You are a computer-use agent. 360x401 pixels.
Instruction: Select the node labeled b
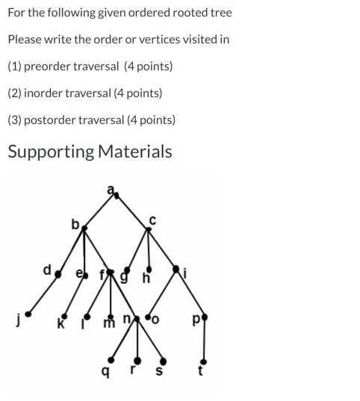84,224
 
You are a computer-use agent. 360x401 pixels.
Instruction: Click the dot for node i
178,270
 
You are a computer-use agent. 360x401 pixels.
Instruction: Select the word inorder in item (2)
44,93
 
